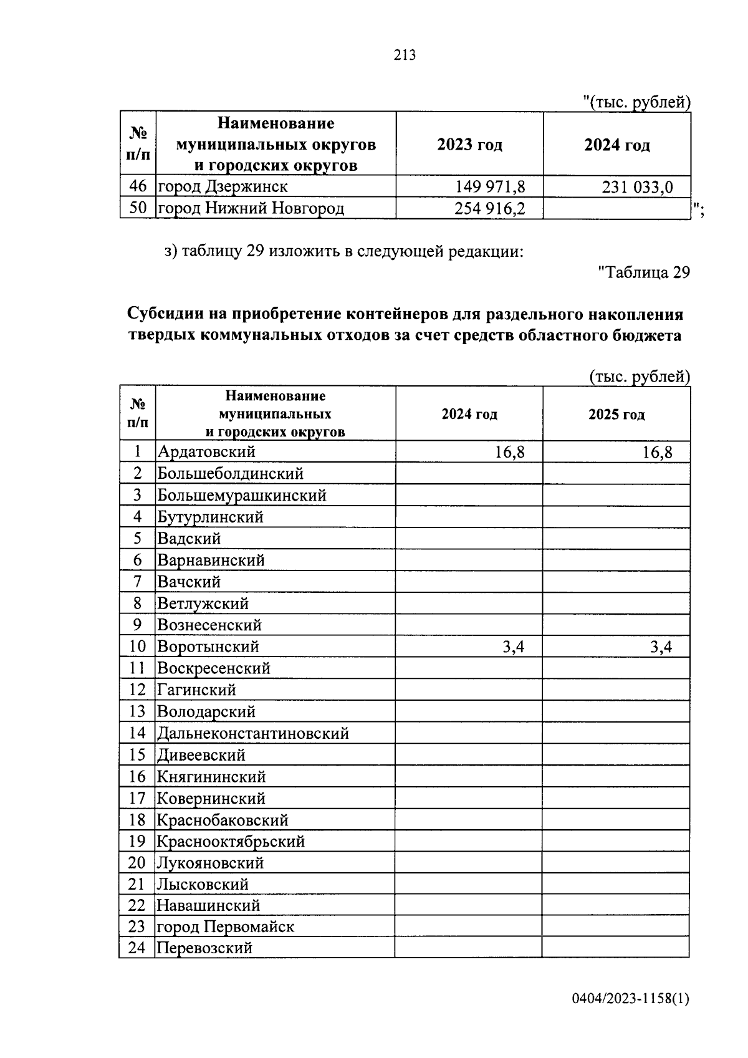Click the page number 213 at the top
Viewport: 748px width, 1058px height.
[405, 55]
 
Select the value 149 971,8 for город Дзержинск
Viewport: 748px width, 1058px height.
[490, 186]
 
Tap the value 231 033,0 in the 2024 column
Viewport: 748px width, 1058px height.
[637, 186]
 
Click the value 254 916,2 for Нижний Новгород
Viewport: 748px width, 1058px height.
[490, 208]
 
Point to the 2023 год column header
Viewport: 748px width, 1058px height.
[469, 145]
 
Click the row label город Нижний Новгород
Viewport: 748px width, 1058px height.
[251, 208]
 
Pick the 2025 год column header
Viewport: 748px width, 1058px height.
[616, 415]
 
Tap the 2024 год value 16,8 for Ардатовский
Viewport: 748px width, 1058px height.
[509, 452]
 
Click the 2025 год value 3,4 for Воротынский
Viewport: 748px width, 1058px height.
[661, 647]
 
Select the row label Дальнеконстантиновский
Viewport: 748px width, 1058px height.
[252, 734]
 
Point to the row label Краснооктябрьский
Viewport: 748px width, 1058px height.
[231, 842]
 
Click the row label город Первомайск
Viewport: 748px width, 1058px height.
[225, 927]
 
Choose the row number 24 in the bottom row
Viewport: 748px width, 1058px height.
[137, 948]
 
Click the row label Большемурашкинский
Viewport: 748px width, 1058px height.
[242, 496]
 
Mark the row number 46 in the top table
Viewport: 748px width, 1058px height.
[137, 186]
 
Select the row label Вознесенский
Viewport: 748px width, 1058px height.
[209, 625]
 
